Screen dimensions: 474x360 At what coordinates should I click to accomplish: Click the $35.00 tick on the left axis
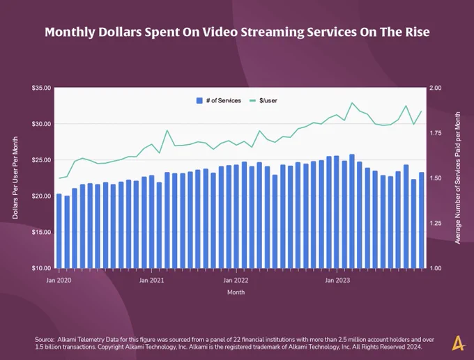pyautogui.click(x=41, y=88)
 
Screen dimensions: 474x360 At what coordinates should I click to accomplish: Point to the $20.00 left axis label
pyautogui.click(x=41, y=196)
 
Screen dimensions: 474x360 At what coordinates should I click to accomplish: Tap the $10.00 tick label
pyautogui.click(x=41, y=268)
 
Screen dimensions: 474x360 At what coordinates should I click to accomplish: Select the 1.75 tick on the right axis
pyautogui.click(x=436, y=133)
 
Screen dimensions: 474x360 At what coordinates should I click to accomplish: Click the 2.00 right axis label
pyautogui.click(x=436, y=88)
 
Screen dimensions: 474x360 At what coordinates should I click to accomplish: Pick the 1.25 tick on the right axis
pyautogui.click(x=436, y=224)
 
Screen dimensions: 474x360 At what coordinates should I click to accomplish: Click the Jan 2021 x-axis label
pyautogui.click(x=151, y=281)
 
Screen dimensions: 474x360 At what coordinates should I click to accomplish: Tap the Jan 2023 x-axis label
pyautogui.click(x=337, y=281)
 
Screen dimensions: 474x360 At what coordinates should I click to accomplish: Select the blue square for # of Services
pyautogui.click(x=199, y=101)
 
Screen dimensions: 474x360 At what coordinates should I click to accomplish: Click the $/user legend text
pyautogui.click(x=268, y=101)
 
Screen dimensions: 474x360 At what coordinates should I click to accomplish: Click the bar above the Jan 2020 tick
pyautogui.click(x=59, y=231)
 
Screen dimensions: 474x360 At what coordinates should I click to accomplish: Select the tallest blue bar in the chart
pyautogui.click(x=352, y=211)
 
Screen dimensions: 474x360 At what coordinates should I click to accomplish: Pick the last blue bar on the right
pyautogui.click(x=422, y=220)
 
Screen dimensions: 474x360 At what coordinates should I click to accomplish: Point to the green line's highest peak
pyautogui.click(x=352, y=103)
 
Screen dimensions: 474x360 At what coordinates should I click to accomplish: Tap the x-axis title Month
pyautogui.click(x=236, y=292)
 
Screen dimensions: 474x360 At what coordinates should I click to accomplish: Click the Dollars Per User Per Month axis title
pyautogui.click(x=15, y=178)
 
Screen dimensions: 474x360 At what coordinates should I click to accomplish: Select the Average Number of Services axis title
pyautogui.click(x=458, y=178)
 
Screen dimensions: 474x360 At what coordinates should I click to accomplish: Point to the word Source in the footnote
pyautogui.click(x=44, y=340)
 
